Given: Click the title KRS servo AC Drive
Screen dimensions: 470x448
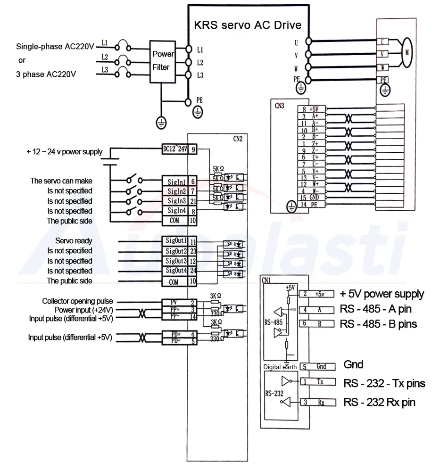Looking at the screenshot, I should pos(248,24).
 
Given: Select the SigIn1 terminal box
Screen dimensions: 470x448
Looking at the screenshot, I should pos(175,181).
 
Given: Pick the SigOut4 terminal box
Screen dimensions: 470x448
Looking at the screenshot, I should pos(175,271).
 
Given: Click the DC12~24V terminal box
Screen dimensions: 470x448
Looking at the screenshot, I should pos(175,149).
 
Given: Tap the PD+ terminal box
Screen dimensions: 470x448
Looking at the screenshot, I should pos(175,334).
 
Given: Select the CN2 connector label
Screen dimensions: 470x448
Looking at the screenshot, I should pos(239,139).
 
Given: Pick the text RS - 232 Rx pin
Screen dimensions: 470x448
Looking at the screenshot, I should pos(380,402).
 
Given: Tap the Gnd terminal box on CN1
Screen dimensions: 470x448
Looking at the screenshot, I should pos(321,366).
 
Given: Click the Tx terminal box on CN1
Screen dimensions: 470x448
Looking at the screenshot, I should pos(321,381).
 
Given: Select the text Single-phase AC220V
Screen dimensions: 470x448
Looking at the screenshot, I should pos(55,47).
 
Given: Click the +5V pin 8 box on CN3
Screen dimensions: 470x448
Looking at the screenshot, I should pos(312,109).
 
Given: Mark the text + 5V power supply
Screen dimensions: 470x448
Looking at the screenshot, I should pos(382,294).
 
